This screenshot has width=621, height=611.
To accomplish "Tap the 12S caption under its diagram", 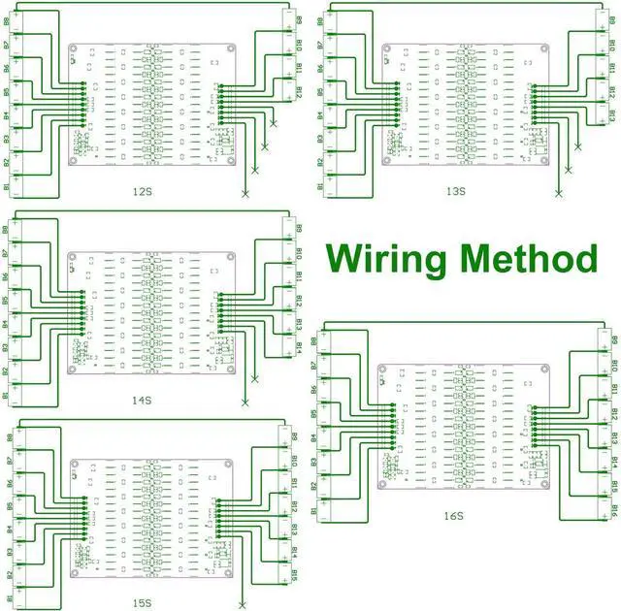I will [142, 191].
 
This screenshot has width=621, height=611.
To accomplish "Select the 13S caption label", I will [456, 191].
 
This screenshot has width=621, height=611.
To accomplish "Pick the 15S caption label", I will [142, 603].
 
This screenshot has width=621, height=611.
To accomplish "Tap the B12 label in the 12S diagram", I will [299, 94].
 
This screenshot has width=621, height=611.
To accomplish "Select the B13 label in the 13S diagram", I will [614, 116].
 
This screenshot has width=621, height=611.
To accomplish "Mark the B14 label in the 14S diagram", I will [299, 346].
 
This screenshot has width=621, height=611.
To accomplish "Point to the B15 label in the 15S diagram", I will [293, 574].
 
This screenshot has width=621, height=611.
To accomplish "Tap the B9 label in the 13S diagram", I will [614, 20].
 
